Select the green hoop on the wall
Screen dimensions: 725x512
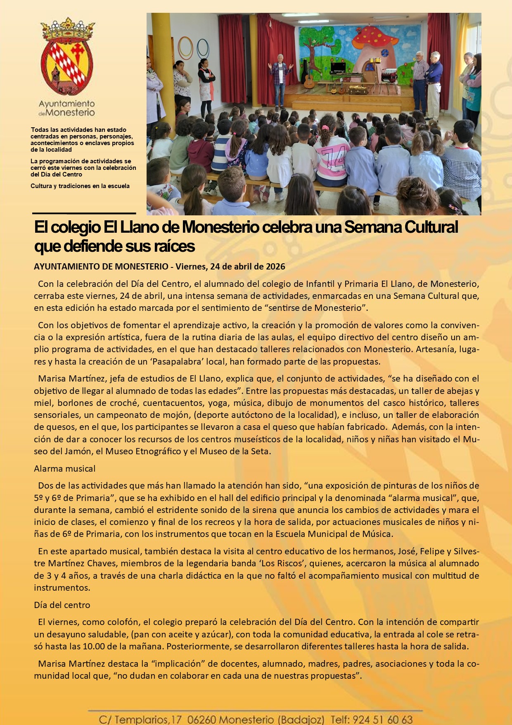pyautogui.click(x=186, y=48)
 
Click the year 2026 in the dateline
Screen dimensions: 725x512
pyautogui.click(x=275, y=267)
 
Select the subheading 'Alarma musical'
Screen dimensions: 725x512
pyautogui.click(x=64, y=469)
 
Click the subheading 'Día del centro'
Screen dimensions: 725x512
pyautogui.click(x=62, y=605)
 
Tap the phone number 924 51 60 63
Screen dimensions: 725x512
pyautogui.click(x=383, y=720)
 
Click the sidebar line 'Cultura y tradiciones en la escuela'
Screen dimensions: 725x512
pyautogui.click(x=80, y=186)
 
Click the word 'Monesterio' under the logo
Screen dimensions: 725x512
pyautogui.click(x=70, y=112)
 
